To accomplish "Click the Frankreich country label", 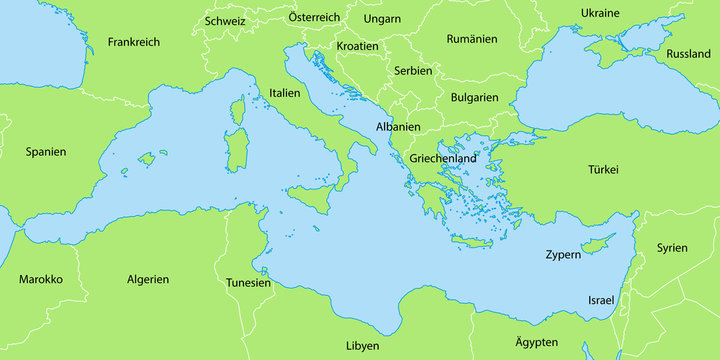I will [x=133, y=42].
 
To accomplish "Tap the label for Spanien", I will [x=46, y=152].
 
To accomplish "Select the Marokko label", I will [x=40, y=279].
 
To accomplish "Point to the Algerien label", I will [x=148, y=279].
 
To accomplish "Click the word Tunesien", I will [x=248, y=283].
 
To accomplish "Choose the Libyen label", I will [x=362, y=345].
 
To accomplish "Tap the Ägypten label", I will [x=536, y=342].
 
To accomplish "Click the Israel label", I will [x=602, y=300].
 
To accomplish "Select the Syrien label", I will [x=672, y=247].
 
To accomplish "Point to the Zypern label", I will [x=563, y=255].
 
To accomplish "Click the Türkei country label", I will [x=604, y=170].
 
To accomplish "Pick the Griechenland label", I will [x=442, y=159].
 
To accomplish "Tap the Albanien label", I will [x=397, y=127].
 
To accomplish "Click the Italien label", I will [x=285, y=92].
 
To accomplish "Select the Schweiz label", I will [x=225, y=20].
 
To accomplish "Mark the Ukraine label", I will [x=600, y=13].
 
